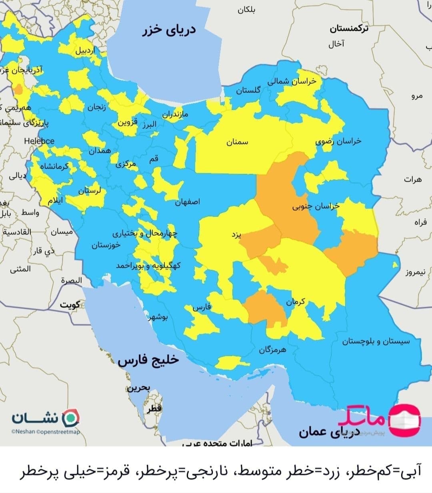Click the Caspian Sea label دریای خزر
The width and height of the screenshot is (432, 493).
pos(169,30)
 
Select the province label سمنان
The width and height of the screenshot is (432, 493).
pos(237,142)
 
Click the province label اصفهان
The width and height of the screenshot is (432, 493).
pos(187,202)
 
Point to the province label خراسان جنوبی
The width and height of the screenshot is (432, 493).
pos(316,206)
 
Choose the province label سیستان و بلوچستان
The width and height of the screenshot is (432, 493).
pos(376,341)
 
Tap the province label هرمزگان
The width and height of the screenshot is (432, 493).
pos(272,350)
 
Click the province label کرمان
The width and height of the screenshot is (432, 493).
pos(295,302)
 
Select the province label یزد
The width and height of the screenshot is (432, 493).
pos(236,234)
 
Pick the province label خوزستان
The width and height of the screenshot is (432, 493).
pos(106,245)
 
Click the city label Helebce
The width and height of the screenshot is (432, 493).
pos(39,141)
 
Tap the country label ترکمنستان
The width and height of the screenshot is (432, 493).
pos(349,29)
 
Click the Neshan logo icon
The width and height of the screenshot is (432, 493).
pos(72,418)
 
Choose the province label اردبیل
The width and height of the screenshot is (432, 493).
pos(86,51)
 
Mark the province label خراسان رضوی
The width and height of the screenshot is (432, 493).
pos(338,141)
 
